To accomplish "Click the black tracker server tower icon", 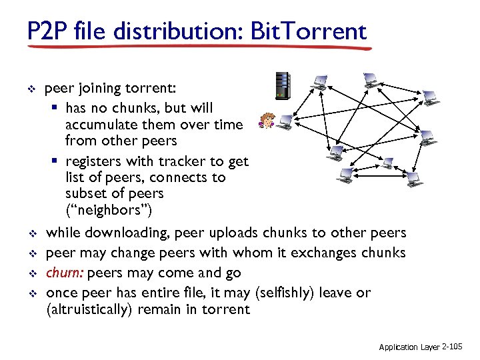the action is coord(284,85).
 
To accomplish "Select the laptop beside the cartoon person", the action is coord(285,121).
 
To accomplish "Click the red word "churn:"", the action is coord(65,273).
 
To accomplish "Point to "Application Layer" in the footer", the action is coord(409,347).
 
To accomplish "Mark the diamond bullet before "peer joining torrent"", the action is coord(29,89).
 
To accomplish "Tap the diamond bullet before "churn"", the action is coord(29,273).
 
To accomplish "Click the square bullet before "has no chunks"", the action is coord(57,108).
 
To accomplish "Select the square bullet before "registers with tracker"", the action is coord(57,161).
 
